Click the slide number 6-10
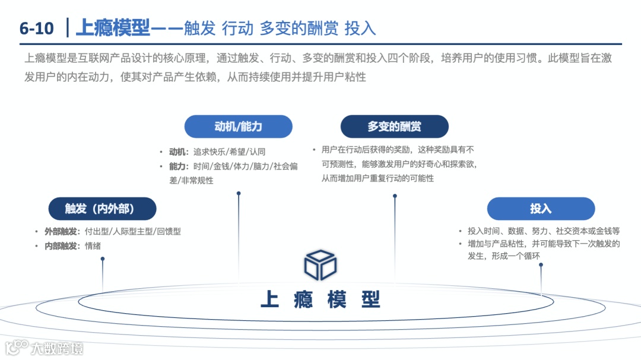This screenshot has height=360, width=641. click(36, 28)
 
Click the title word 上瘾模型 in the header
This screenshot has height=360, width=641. click(112, 28)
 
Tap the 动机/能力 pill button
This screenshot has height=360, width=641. click(238, 126)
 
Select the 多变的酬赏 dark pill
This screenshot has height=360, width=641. click(394, 126)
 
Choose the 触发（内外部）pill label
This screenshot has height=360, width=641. click(102, 209)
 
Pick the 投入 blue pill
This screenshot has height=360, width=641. click(541, 209)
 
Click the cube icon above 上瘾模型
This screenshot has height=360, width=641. click(320, 265)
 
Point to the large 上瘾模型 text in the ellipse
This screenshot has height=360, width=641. click(320, 300)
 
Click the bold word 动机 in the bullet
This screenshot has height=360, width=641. click(178, 152)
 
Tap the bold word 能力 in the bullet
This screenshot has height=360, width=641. click(178, 167)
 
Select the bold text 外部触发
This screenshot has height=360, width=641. click(61, 231)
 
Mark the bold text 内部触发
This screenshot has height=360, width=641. click(61, 246)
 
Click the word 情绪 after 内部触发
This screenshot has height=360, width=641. click(93, 246)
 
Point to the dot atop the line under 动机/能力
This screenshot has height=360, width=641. click(239, 193)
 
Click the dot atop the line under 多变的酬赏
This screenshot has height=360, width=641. click(395, 196)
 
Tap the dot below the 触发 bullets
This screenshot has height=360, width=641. click(103, 259)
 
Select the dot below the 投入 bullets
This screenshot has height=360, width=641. click(541, 265)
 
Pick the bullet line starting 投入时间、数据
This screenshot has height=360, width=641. click(543, 231)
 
